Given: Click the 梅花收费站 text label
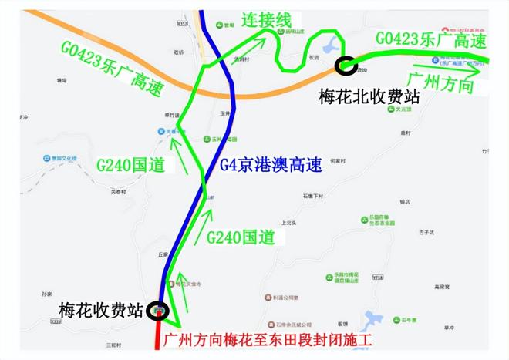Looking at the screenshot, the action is pyautogui.click(x=101, y=311).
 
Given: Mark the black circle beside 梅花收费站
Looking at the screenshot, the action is pyautogui.click(x=160, y=310).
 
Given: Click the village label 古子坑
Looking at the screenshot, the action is pyautogui.click(x=426, y=232).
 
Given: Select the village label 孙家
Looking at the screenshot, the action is pyautogui.click(x=47, y=294).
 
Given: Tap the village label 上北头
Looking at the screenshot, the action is pyautogui.click(x=288, y=223).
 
